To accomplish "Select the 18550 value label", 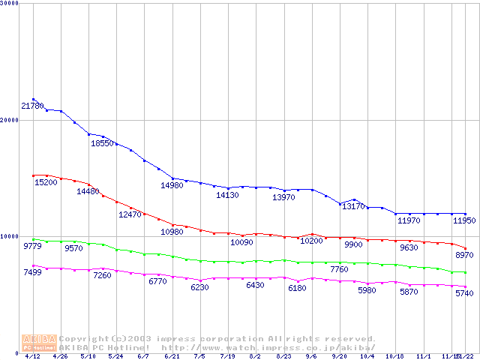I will pos(103,143).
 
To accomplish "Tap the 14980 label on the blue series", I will pos(172,185).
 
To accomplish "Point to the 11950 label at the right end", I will pos(464,220).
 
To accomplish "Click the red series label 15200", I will pos(46,182).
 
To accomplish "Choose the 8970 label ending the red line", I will pos(464,256).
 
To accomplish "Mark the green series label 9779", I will pos(32,246).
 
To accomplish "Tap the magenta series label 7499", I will pos(32,272).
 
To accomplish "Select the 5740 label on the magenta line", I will pos(464,293).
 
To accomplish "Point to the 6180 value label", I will pos(297,288).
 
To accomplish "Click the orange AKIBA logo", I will pos(39,343).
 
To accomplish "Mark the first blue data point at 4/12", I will pos(34,99).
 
